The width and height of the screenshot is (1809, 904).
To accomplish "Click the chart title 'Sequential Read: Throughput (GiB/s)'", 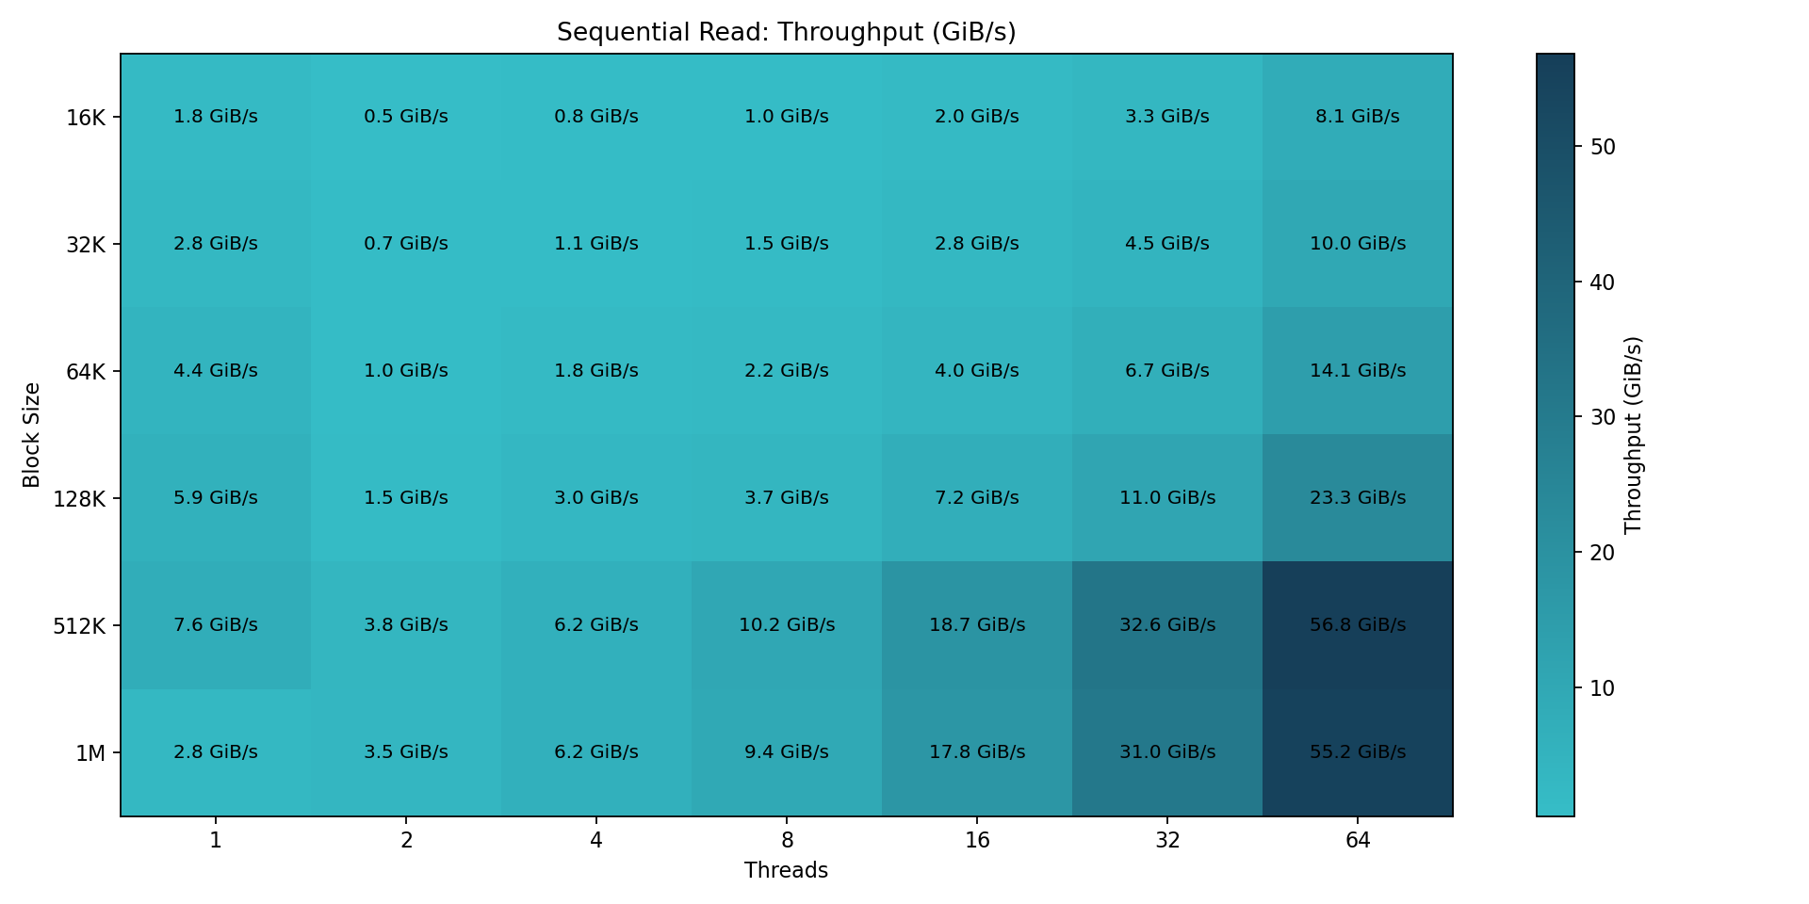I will click(x=786, y=32).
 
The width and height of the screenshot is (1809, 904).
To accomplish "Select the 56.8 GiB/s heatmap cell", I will click(x=1357, y=624).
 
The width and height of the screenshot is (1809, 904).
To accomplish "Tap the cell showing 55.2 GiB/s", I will click(x=1357, y=751).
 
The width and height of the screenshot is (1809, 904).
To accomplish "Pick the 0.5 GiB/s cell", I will click(x=406, y=117).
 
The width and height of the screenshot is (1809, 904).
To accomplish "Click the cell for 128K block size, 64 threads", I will click(x=1357, y=497).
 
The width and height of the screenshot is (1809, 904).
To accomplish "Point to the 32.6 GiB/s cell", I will click(x=1166, y=624).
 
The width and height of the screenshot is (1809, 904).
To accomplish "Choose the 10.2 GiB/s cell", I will click(x=787, y=624).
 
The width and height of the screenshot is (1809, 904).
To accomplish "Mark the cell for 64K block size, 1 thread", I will click(x=216, y=370).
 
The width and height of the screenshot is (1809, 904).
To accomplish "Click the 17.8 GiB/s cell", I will click(x=977, y=751).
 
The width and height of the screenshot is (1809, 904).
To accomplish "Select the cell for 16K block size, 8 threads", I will click(x=787, y=117).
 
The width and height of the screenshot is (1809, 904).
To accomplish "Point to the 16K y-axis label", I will click(x=86, y=119).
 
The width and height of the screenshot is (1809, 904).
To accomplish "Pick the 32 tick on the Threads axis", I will click(x=1166, y=840).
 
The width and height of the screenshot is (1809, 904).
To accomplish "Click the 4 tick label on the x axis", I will click(x=596, y=840).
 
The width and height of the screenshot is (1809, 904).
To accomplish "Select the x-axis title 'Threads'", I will click(x=786, y=871).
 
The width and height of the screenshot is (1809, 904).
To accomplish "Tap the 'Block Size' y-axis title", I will click(x=32, y=435).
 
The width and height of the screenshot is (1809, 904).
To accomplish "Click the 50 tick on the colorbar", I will click(x=1603, y=147).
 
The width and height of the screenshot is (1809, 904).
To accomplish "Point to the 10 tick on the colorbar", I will click(x=1603, y=688).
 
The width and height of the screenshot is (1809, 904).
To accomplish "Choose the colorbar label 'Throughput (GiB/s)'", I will click(x=1634, y=435).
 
